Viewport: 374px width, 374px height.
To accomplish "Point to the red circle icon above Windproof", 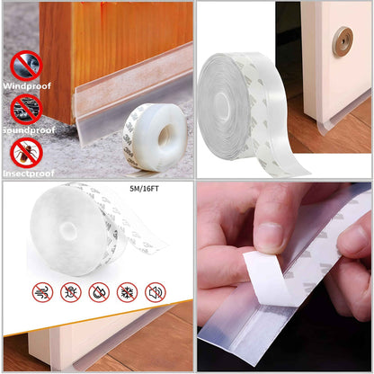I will [x=25, y=65].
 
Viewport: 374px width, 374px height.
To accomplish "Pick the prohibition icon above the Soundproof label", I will [x=25, y=108].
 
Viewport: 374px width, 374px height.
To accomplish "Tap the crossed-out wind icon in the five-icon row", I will [x=43, y=292].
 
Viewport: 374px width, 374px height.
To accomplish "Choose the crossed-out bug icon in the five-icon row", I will [x=70, y=292].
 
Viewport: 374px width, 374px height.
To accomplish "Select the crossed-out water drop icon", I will [x=99, y=292].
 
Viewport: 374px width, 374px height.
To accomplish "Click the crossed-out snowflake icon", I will [x=128, y=292].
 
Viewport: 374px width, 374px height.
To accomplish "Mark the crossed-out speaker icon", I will [x=156, y=292].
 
